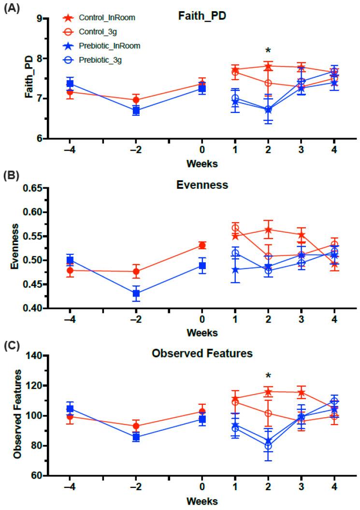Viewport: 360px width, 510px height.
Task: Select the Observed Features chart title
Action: click(202, 354)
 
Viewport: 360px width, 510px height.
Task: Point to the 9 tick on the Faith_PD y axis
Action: click(38, 19)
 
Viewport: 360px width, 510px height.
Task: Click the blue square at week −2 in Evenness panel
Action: click(136, 293)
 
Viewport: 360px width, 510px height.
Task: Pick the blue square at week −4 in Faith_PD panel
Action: click(70, 84)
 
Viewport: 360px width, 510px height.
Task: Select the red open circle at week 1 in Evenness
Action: click(235, 228)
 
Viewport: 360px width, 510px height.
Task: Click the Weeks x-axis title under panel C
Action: click(202, 501)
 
